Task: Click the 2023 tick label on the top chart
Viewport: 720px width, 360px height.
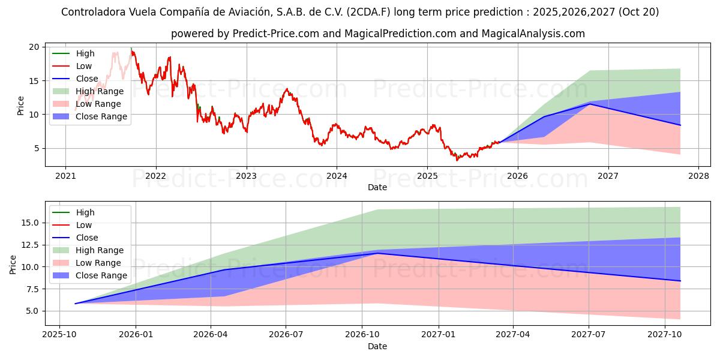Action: [x=246, y=176]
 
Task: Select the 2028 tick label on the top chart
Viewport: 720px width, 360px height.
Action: [x=698, y=176]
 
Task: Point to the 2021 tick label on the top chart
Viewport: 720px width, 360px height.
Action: [x=65, y=176]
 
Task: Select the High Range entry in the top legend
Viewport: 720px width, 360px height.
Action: [x=100, y=91]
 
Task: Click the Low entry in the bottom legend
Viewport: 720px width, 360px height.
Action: [x=84, y=225]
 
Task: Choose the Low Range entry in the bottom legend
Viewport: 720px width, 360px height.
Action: [x=98, y=263]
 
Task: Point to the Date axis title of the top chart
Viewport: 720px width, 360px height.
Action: [x=377, y=187]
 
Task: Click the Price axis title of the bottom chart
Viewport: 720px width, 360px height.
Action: [x=13, y=263]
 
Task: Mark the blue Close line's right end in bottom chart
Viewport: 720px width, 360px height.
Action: [x=680, y=281]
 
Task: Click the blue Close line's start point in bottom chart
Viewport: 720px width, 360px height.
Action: [x=76, y=304]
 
